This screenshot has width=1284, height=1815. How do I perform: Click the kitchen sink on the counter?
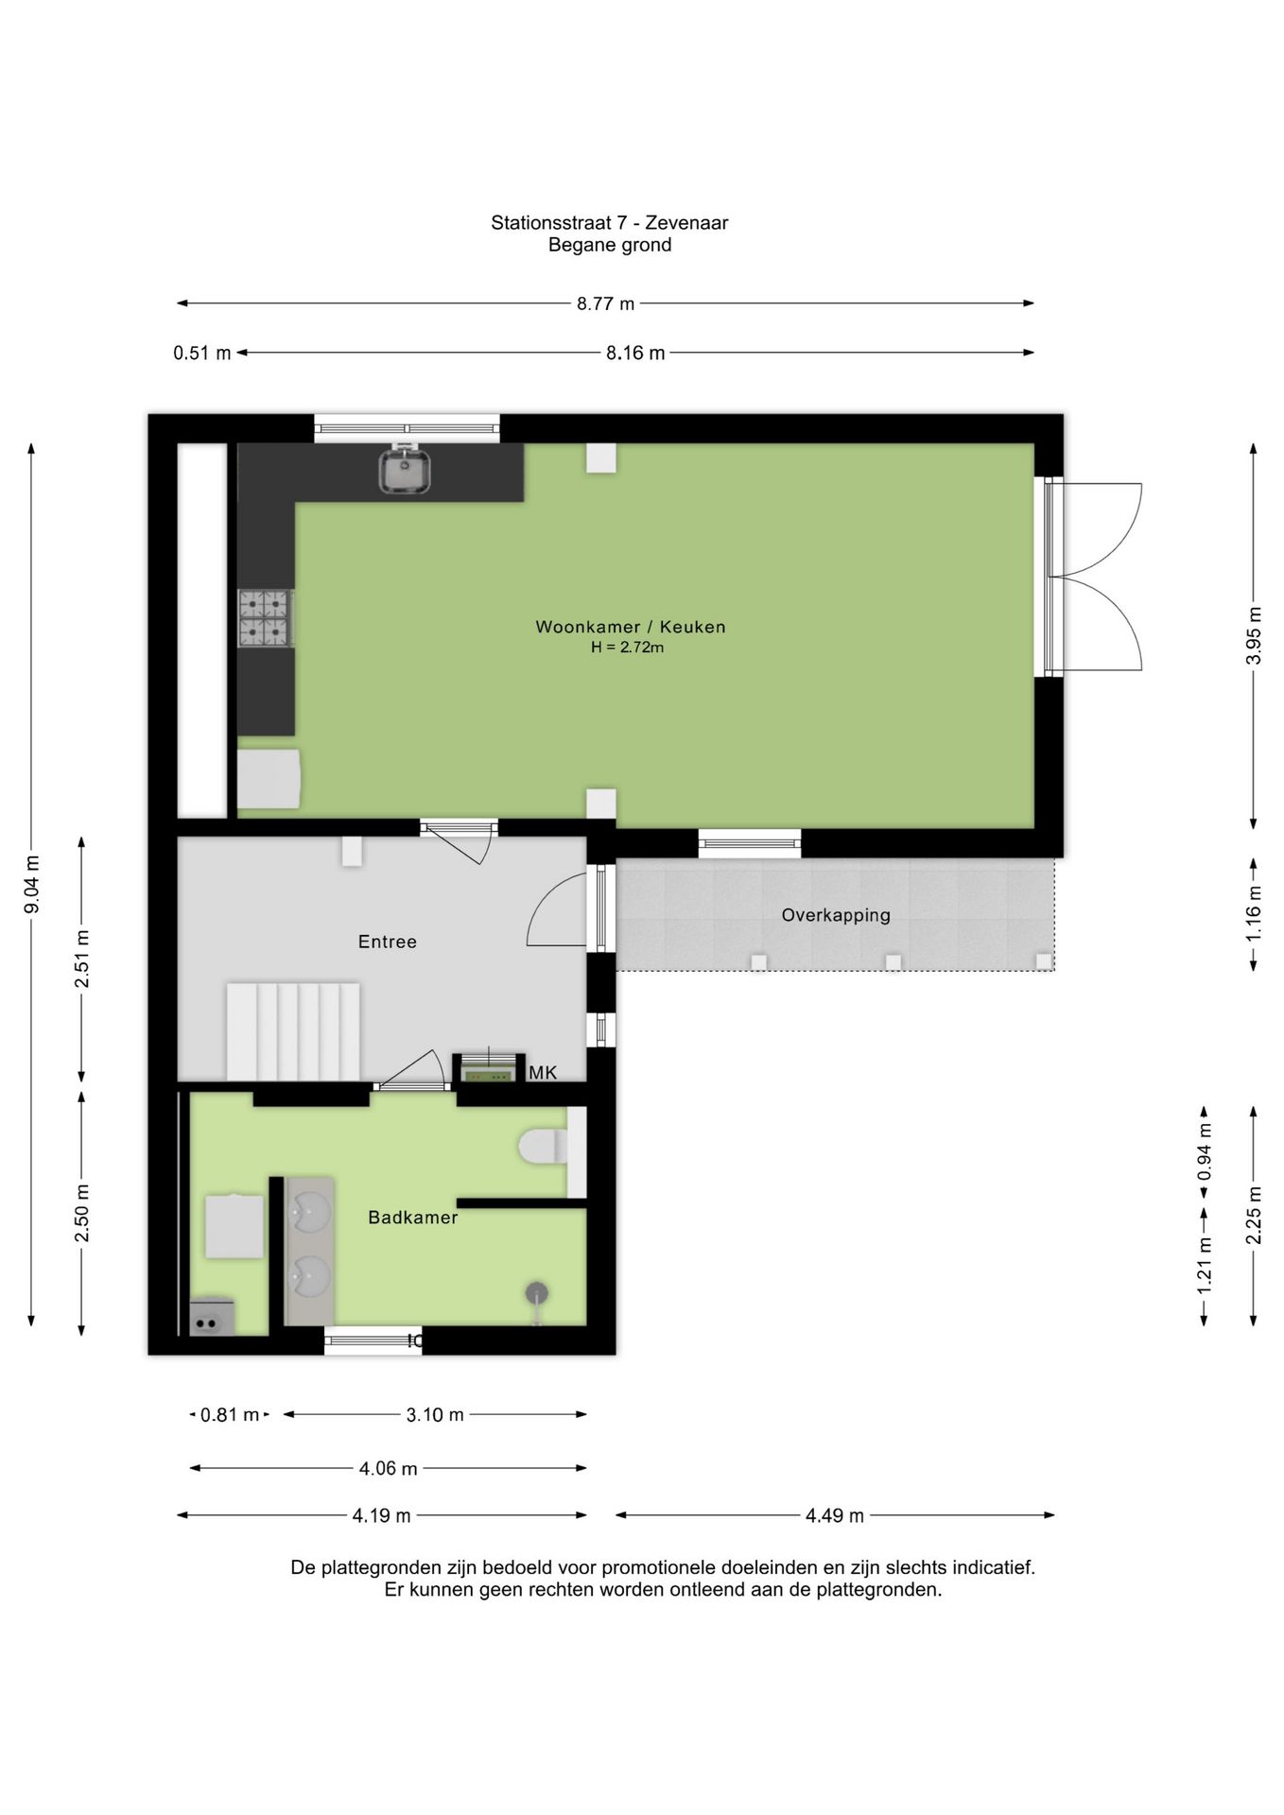click(405, 470)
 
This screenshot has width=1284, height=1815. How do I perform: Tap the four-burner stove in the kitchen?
click(265, 618)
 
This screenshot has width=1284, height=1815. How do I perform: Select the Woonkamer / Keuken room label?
click(631, 627)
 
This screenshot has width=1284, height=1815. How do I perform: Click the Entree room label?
click(388, 942)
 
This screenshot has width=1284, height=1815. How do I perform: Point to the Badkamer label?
click(413, 1218)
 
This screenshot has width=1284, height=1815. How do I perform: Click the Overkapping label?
click(836, 915)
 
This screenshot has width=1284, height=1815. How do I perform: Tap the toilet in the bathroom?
click(544, 1147)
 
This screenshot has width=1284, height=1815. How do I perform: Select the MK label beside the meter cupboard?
click(543, 1072)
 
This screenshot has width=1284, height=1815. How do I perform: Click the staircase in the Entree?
click(293, 1031)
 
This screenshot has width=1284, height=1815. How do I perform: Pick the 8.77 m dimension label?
click(606, 303)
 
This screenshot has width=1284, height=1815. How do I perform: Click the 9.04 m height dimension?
click(32, 885)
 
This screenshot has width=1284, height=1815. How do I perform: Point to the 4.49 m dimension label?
click(835, 1515)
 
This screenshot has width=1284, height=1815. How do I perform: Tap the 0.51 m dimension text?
click(202, 354)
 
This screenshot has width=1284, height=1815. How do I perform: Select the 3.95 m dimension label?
click(1254, 634)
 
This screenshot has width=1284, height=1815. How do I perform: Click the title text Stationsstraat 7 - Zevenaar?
click(610, 223)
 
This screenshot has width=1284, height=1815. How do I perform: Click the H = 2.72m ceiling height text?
click(628, 648)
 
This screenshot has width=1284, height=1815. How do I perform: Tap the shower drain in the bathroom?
click(537, 1292)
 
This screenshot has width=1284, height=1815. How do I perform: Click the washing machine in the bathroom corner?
click(213, 1315)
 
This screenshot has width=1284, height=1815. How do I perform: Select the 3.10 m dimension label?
click(435, 1415)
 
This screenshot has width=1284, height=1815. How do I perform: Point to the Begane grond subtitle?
click(610, 246)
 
